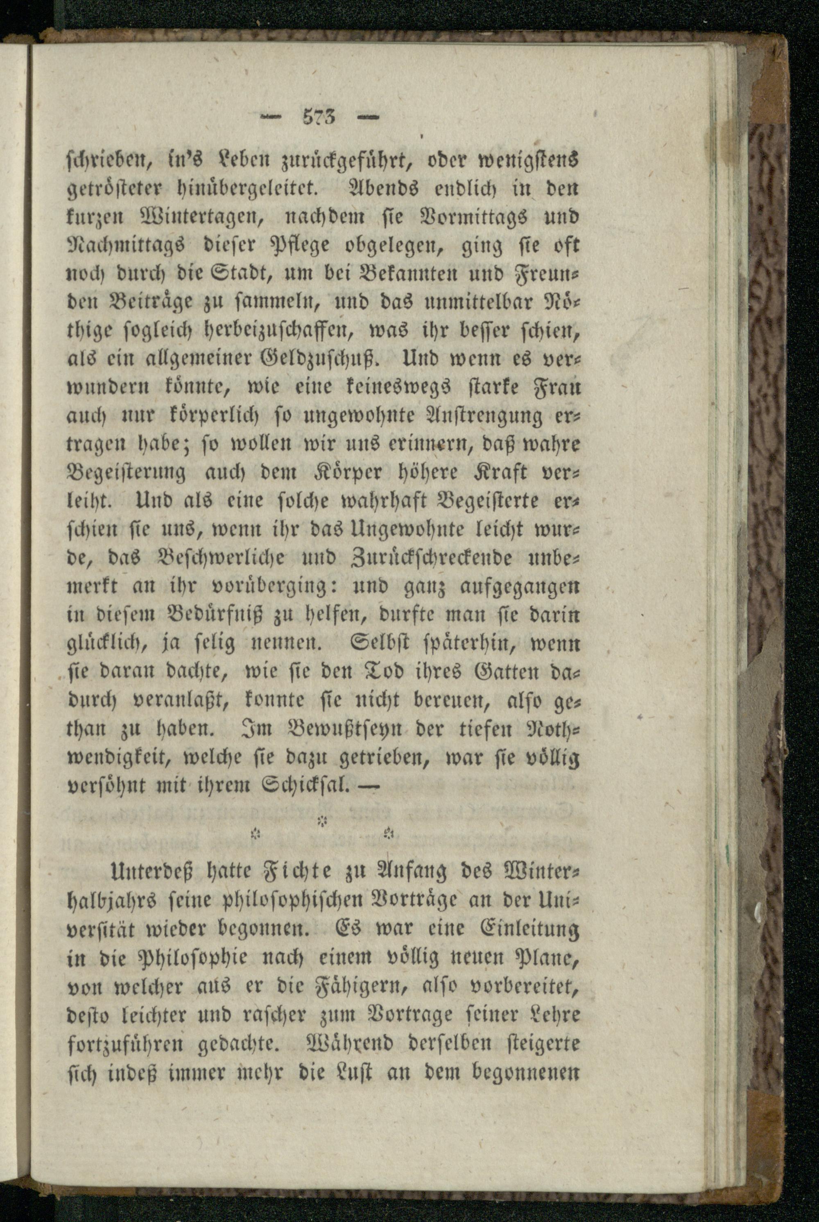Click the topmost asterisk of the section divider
pyautogui.click(x=323, y=821)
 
